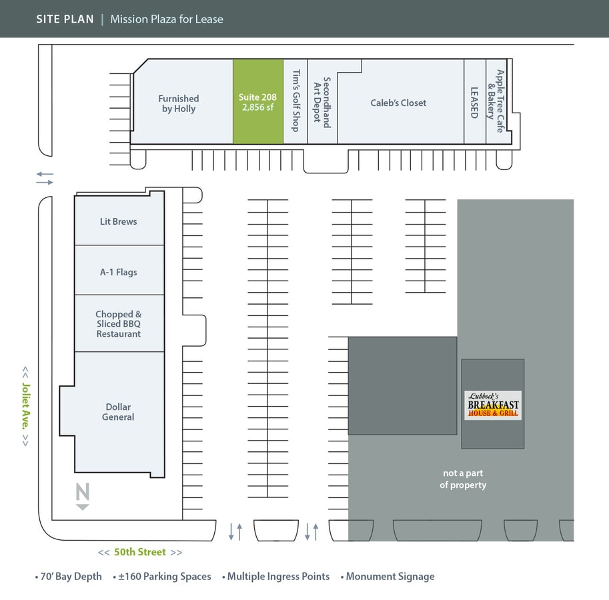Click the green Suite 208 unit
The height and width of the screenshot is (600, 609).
(257, 102)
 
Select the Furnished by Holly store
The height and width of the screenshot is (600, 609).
(179, 103)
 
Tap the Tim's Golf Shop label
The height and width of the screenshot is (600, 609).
(295, 102)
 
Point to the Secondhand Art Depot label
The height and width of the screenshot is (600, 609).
(322, 102)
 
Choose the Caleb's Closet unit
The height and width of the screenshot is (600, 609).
(398, 103)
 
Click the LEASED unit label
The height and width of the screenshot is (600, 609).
(474, 103)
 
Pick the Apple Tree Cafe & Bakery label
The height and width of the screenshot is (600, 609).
(496, 101)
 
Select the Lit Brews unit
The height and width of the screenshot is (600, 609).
(119, 221)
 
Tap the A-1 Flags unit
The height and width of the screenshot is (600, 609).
(119, 272)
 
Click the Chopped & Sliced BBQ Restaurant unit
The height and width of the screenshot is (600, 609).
(119, 324)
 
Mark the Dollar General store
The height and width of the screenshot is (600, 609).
(118, 412)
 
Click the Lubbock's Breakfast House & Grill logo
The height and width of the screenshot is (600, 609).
(492, 405)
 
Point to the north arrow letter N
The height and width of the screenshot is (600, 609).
(82, 493)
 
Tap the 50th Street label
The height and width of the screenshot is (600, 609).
(140, 552)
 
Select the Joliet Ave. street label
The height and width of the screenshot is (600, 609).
(25, 405)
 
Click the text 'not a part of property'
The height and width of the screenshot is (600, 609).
(463, 479)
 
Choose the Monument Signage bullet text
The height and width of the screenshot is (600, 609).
(390, 577)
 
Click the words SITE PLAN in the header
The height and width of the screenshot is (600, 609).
(65, 19)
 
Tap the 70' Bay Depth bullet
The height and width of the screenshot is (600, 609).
(71, 577)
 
